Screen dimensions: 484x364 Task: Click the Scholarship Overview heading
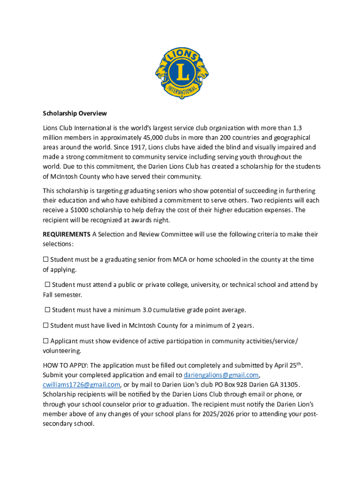(x=75, y=113)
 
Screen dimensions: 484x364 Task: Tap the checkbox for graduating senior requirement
(x=46, y=259)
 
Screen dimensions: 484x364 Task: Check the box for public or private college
(x=47, y=285)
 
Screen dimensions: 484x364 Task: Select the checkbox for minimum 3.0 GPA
(x=47, y=310)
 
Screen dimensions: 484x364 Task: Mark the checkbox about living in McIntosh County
(x=46, y=326)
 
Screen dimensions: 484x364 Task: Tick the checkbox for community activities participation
(x=46, y=341)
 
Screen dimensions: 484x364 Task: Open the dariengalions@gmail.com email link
(x=221, y=375)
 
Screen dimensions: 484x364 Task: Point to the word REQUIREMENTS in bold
(x=67, y=234)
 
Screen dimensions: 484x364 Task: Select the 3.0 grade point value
(x=147, y=310)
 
